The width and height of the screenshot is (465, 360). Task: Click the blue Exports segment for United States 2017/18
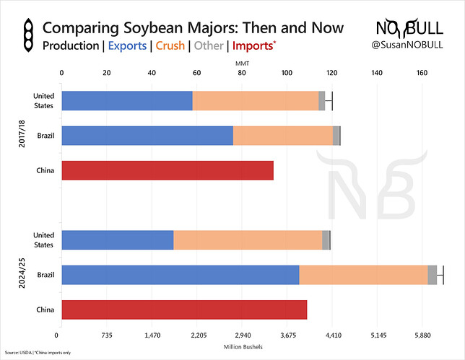click(x=126, y=100)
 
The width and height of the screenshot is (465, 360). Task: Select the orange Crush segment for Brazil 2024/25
click(x=363, y=275)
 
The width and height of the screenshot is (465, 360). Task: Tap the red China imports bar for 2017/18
click(x=168, y=170)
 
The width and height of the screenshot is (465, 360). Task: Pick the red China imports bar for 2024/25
click(x=184, y=310)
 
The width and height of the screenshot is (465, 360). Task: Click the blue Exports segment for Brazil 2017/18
click(x=147, y=136)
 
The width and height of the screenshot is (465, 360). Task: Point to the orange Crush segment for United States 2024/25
click(x=248, y=240)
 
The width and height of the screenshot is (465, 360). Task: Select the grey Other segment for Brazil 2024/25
click(x=432, y=275)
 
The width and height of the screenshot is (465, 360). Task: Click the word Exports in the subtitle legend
click(x=128, y=46)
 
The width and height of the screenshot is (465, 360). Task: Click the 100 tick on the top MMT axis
click(x=287, y=73)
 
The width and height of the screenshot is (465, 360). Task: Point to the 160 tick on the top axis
click(x=422, y=73)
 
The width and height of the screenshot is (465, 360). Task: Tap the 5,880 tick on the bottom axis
click(x=422, y=335)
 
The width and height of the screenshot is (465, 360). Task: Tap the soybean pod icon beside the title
click(x=27, y=36)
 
